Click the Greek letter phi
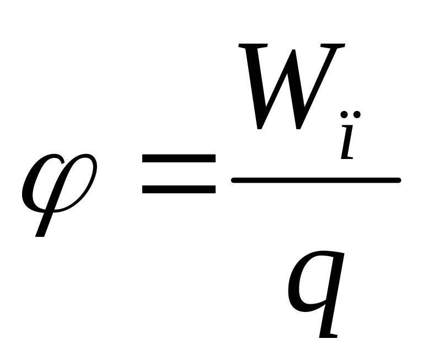coord(57,182)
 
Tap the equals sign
coord(178,174)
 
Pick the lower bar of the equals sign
coord(178,189)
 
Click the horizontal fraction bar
coord(315,180)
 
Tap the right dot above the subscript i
coord(356,115)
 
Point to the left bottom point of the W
coord(261,127)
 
